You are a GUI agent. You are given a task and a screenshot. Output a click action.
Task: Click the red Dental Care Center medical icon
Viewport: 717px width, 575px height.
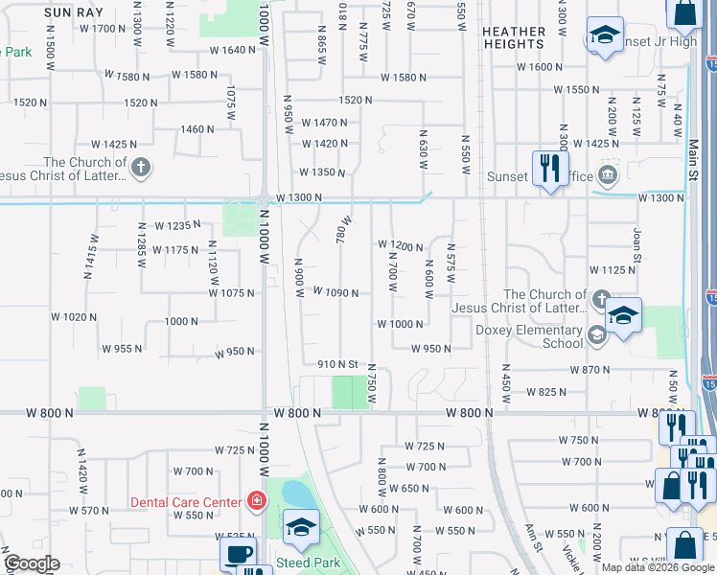pos(255,500)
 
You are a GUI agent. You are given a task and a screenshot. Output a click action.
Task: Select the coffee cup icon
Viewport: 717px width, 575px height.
pos(237,553)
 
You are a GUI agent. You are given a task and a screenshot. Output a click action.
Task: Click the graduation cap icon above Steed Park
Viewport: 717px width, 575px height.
pos(301,525)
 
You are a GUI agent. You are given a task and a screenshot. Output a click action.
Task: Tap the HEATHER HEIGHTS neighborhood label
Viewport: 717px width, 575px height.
pos(514,37)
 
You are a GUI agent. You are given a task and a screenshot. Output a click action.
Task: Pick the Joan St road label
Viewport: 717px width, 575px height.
pos(636,244)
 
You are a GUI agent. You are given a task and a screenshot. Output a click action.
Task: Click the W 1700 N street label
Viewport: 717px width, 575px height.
pos(104,28)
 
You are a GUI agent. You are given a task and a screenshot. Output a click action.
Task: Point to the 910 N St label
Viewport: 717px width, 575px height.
pos(337,364)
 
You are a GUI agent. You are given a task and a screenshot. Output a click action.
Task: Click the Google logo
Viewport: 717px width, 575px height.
pos(32,563)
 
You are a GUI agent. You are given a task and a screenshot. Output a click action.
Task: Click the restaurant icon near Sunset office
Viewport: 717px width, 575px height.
pos(549,170)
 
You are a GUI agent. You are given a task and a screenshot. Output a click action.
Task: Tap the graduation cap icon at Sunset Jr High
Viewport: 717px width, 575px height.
pos(603,36)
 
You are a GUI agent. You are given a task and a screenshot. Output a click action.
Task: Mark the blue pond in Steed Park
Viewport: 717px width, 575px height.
pos(297,494)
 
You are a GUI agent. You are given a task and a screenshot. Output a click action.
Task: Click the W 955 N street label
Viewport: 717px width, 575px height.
pos(122,348)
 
